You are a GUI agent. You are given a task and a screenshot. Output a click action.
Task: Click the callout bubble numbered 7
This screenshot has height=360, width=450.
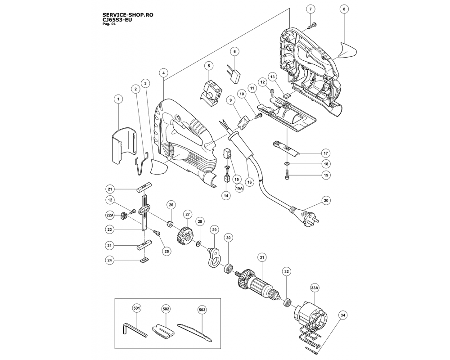tap(310, 9)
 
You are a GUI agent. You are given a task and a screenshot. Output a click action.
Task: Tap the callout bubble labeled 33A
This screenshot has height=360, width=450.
tap(314, 286)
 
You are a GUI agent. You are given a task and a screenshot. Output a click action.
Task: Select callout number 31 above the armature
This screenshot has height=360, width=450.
tap(261, 257)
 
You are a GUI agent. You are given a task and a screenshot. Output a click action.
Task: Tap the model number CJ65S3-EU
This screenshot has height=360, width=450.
tap(117, 20)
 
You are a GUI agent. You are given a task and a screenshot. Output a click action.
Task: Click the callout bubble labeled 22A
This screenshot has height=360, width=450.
tap(110, 216)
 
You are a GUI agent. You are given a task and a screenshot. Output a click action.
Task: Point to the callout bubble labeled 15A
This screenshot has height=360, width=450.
tap(239, 189)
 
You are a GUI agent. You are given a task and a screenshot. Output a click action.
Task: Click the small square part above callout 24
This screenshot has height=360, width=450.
tap(144, 259)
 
